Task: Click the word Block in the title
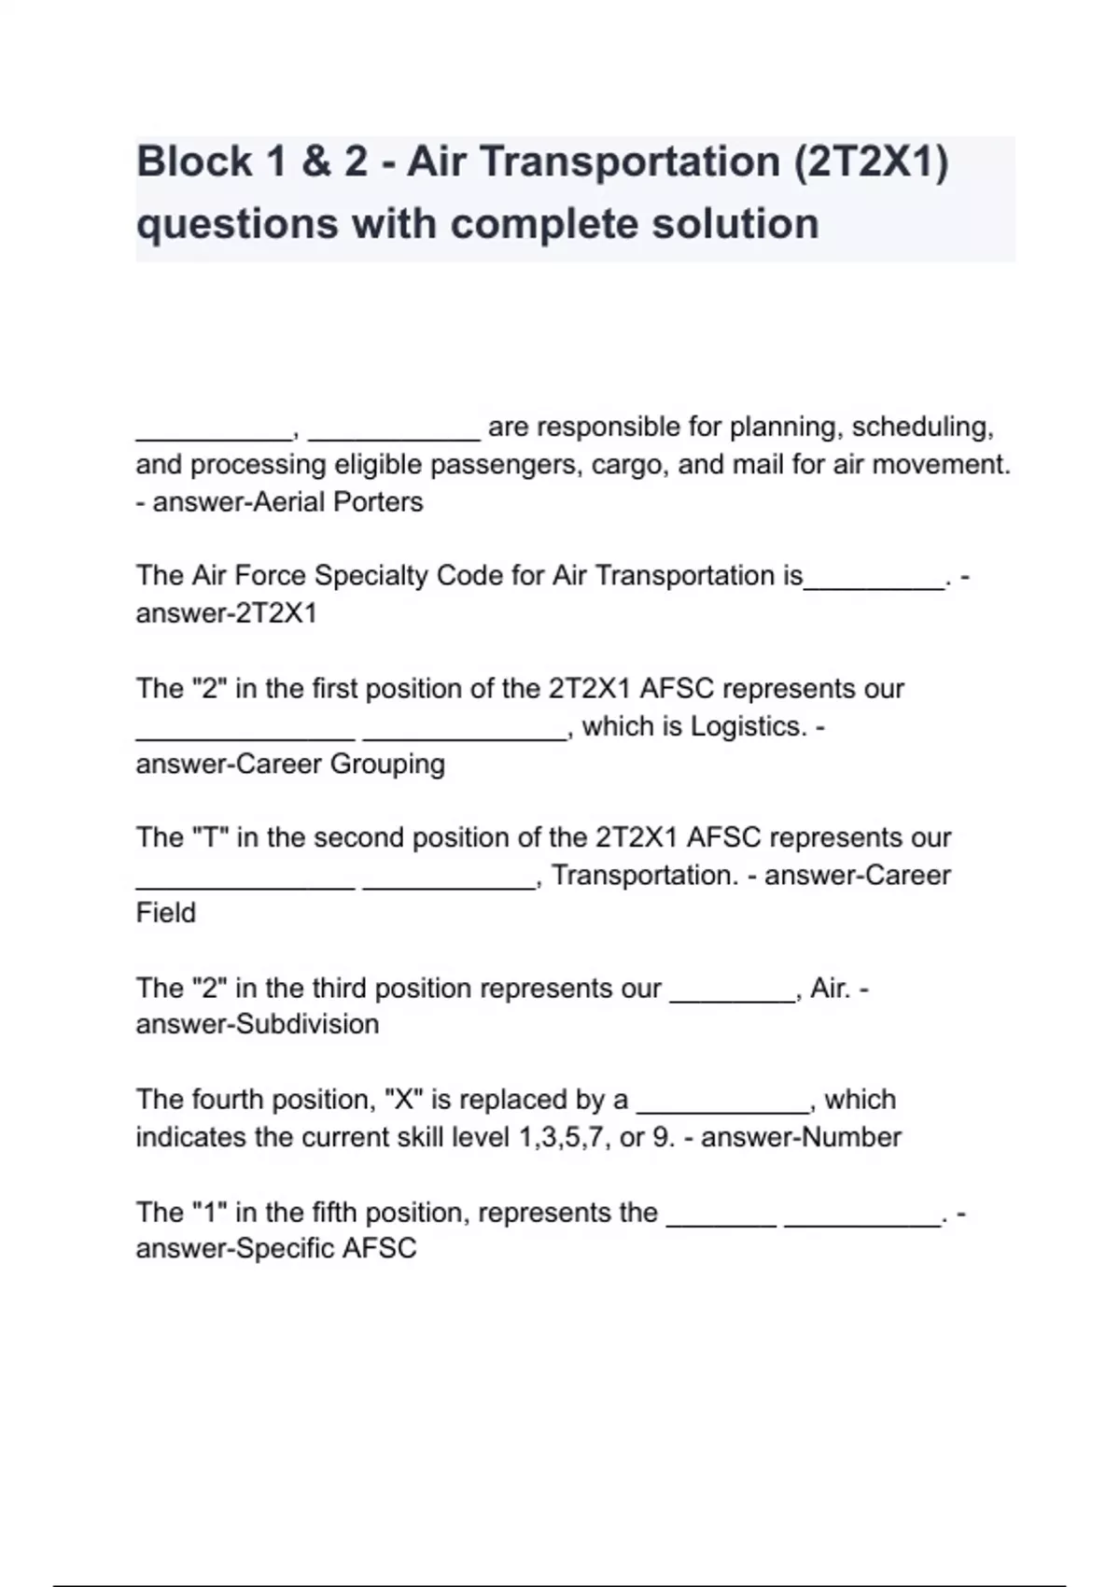(194, 162)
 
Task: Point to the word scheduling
(922, 428)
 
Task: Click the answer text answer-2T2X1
(227, 613)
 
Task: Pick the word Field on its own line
(166, 913)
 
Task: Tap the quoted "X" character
(404, 1100)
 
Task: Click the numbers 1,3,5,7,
(557, 1138)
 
